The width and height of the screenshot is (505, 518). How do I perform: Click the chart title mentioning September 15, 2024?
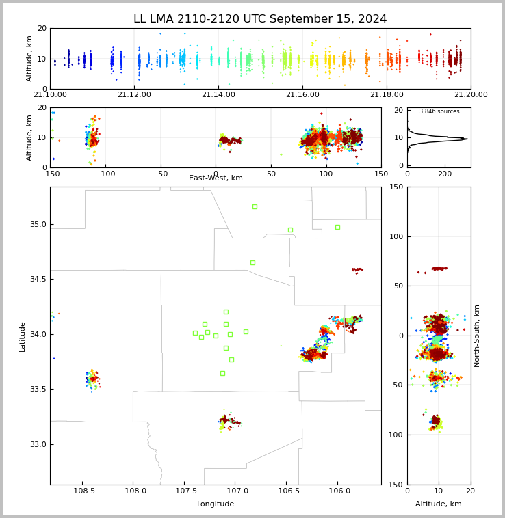coord(260,19)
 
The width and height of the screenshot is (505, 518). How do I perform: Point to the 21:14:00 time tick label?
coord(218,95)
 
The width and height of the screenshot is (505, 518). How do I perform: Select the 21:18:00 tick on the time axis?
coord(387,95)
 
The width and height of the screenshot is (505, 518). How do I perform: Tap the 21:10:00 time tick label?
coord(50,95)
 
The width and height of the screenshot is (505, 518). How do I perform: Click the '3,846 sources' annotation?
coord(439,111)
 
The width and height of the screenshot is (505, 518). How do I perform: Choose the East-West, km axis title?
coord(216,178)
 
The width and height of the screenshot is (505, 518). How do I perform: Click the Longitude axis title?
coord(216,504)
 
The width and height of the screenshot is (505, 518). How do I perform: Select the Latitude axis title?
coord(23,336)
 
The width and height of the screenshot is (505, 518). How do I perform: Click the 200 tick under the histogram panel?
coord(445,174)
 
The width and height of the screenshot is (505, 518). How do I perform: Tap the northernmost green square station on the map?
coord(255,206)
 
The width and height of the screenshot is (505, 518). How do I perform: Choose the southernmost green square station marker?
coord(222,373)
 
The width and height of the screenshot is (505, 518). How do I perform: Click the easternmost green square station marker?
coord(337,227)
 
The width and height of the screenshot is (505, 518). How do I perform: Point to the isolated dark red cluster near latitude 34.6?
coord(357,270)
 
